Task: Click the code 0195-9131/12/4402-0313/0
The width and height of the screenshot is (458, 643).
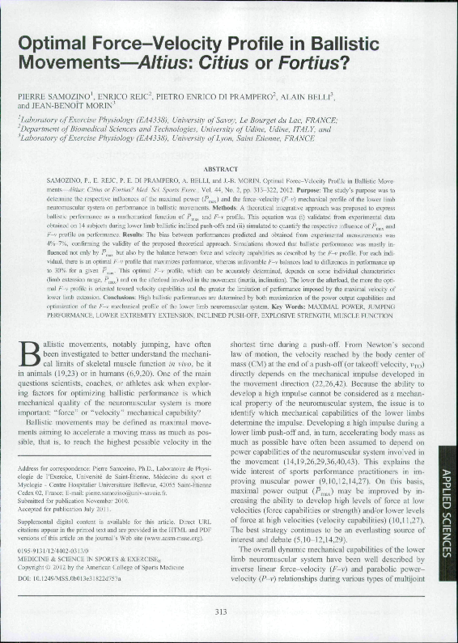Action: tap(56, 559)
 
